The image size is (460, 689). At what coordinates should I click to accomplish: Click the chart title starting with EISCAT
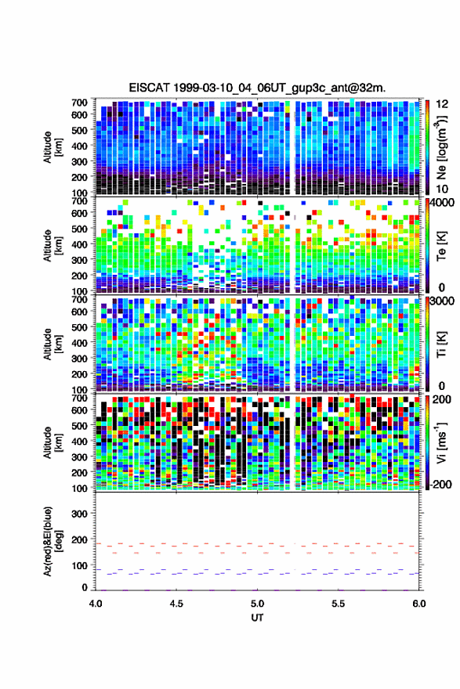257,88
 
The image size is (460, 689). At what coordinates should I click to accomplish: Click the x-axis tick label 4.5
176,604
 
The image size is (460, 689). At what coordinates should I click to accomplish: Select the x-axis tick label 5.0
257,604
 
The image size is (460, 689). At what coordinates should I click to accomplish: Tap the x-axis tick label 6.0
419,604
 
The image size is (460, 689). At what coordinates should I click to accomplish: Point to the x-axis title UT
257,618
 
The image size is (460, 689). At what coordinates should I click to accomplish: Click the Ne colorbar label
441,148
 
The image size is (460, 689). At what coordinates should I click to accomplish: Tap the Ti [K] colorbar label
441,344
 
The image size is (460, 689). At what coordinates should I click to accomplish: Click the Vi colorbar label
441,442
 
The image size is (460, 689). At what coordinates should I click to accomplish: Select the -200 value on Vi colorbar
439,485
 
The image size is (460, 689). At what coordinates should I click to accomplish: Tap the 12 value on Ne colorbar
442,104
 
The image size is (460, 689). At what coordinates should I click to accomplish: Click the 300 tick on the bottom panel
79,514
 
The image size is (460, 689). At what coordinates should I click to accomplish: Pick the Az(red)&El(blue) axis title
53,541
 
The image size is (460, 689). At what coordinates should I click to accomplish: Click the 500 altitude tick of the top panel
79,130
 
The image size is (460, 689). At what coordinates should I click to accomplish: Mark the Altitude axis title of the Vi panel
53,442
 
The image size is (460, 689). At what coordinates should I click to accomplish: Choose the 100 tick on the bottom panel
79,565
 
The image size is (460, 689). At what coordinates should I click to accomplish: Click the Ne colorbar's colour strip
427,148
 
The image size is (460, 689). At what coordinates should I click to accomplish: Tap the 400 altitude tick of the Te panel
79,244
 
